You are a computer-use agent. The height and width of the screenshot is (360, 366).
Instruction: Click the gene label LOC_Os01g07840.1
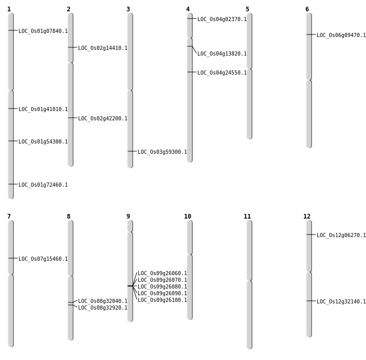(43, 31)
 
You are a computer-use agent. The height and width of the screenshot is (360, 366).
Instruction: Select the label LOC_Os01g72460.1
(43, 185)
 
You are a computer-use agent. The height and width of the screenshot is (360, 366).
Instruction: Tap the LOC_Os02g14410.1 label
(103, 48)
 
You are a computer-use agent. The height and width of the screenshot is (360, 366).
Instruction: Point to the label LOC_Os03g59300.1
(162, 152)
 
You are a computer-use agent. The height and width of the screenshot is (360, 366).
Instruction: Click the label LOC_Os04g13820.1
(222, 54)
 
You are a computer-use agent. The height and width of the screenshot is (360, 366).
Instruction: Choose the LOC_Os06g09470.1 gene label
(341, 35)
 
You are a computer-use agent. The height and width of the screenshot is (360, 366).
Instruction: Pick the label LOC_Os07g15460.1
(43, 259)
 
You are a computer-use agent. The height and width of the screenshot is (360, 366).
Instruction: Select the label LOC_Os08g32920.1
(103, 308)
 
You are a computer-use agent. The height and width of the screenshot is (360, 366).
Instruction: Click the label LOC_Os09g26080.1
(162, 287)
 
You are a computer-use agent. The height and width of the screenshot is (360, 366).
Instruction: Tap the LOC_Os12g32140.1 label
(341, 302)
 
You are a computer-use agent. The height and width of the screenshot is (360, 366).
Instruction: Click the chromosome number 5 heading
(247, 9)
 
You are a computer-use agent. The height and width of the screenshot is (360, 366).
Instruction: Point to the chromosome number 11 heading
(247, 217)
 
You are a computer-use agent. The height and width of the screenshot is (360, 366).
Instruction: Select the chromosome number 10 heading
(188, 217)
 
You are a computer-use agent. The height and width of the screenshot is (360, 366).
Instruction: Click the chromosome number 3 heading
(128, 9)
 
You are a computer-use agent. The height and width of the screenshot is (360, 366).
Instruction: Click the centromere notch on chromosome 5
(249, 68)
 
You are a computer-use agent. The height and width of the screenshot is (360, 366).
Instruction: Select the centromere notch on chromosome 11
(249, 280)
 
